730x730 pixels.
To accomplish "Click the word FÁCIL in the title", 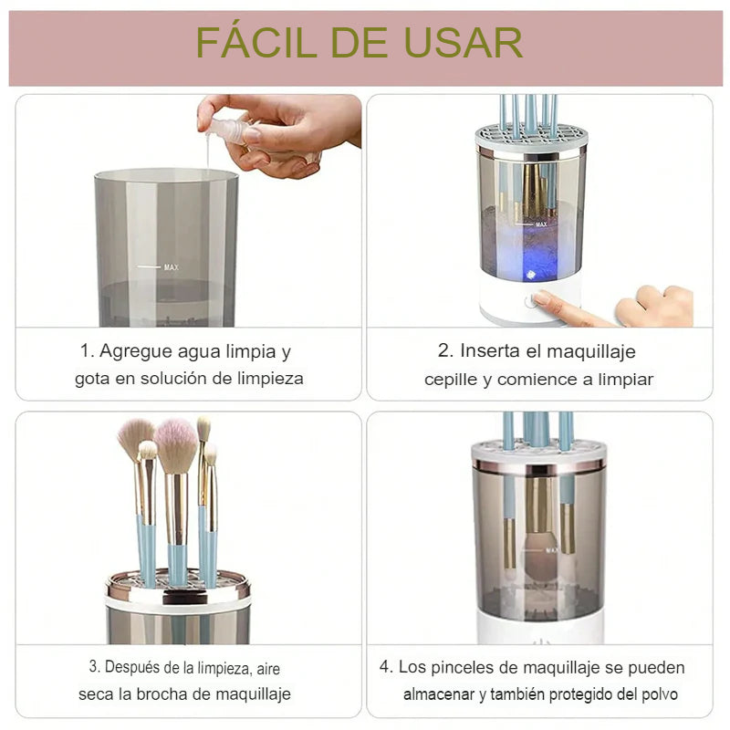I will pyautogui.click(x=248, y=43).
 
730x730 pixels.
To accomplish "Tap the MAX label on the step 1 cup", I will pyautogui.click(x=171, y=267).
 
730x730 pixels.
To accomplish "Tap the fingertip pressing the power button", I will pyautogui.click(x=541, y=298).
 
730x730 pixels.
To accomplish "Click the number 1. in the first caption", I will pyautogui.click(x=87, y=351).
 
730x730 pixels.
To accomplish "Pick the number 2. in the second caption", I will pyautogui.click(x=445, y=351).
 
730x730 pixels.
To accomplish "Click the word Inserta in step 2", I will pyautogui.click(x=491, y=351).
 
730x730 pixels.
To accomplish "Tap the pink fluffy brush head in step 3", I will pyautogui.click(x=175, y=441).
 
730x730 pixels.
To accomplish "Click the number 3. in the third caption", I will pyautogui.click(x=94, y=667).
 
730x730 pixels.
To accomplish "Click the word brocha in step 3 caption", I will pyautogui.click(x=183, y=694).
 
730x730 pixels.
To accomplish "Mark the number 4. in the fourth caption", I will pyautogui.click(x=386, y=667).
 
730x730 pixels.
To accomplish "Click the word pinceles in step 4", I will pyautogui.click(x=458, y=667).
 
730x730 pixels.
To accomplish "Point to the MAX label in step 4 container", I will pyautogui.click(x=551, y=551).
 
